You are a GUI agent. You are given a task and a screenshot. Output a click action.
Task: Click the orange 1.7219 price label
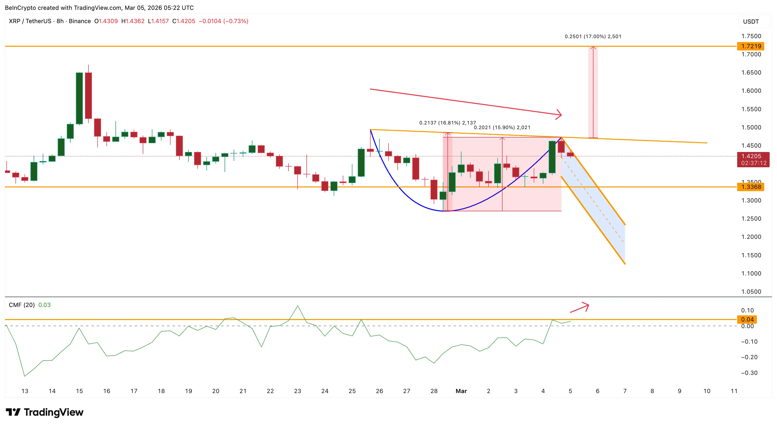click(x=751, y=46)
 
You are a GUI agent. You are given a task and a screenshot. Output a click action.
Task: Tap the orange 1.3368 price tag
click(x=751, y=187)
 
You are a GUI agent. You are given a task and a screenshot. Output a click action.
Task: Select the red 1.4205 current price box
click(x=753, y=159)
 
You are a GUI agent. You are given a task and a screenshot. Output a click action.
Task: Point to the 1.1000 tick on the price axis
click(x=751, y=273)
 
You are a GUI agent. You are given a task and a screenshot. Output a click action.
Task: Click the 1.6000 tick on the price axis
click(x=751, y=91)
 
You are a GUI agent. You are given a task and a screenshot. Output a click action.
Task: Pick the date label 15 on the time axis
click(x=79, y=391)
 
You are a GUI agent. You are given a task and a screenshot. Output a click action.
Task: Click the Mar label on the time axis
click(x=461, y=391)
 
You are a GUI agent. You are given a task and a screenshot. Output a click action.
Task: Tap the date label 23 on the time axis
click(x=297, y=391)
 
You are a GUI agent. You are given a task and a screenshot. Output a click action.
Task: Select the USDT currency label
click(x=751, y=21)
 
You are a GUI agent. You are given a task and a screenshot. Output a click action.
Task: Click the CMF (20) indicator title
click(x=22, y=305)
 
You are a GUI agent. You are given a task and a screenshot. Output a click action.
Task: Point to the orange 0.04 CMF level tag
click(x=747, y=320)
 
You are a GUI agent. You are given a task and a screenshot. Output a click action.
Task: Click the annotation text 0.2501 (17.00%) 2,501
click(x=593, y=37)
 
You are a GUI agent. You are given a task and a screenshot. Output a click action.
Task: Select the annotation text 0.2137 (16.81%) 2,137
click(x=447, y=122)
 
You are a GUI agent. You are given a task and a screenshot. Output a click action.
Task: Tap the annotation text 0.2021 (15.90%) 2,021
click(x=502, y=127)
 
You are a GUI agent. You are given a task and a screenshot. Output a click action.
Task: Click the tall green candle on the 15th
click(x=79, y=98)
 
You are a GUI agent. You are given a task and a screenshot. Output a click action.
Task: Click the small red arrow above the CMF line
click(x=580, y=308)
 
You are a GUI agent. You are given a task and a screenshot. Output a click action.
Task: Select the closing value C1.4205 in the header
click(x=184, y=21)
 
